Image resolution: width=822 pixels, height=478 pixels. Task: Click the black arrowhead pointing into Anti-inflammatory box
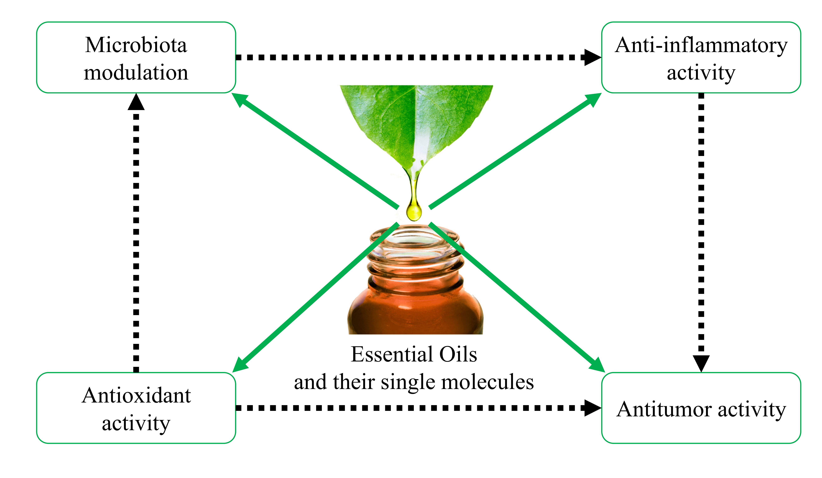(x=592, y=57)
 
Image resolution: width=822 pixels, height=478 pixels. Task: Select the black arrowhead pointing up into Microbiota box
(x=136, y=102)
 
